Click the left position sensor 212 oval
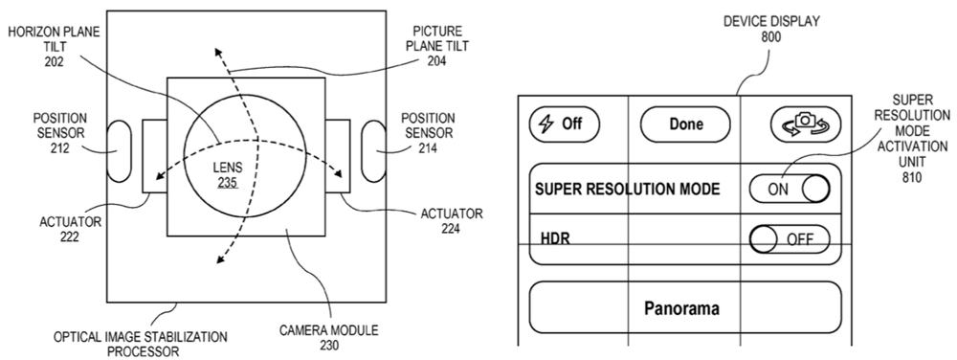[119, 150]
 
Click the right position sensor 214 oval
[373, 150]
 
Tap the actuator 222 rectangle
[154, 157]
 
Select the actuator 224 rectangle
[338, 157]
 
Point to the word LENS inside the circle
[228, 168]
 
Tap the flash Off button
[564, 124]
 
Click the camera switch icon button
[805, 124]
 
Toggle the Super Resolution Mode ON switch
[790, 190]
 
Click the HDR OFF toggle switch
[790, 238]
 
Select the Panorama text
[681, 308]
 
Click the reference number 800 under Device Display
[770, 36]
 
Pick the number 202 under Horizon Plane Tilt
[54, 61]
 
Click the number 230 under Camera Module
[328, 346]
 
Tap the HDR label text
[555, 238]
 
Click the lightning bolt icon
[544, 124]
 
